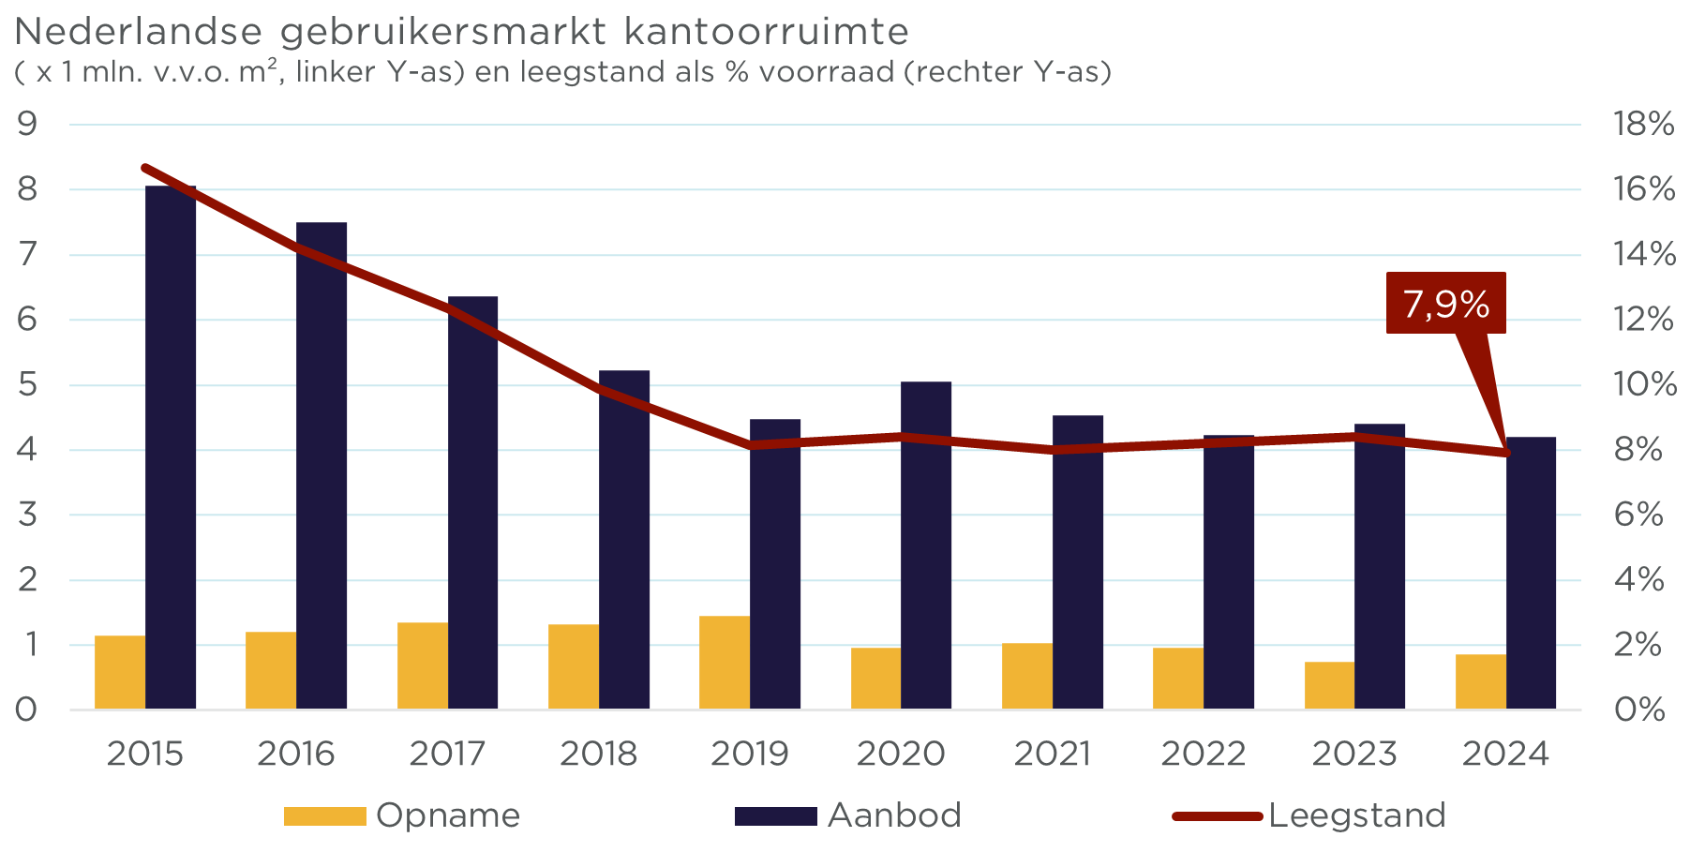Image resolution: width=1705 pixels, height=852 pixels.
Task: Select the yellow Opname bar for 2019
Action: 725,662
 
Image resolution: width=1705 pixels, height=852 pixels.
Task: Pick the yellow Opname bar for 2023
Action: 1329,685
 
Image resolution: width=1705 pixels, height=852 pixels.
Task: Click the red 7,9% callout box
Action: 1445,303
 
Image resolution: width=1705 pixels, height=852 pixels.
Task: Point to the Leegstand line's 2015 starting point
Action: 145,168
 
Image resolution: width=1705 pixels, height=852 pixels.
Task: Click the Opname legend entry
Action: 403,815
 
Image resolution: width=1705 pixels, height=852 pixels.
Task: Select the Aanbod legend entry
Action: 848,815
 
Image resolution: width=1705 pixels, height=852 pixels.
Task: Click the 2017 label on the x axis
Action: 447,754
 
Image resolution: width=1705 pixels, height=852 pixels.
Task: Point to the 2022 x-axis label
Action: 1204,754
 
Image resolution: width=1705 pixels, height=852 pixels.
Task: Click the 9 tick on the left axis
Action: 26,124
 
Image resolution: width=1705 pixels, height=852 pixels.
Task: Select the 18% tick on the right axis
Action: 1642,124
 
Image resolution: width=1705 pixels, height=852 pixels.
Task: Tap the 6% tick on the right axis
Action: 1638,515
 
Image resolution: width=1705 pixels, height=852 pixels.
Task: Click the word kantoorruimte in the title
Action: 766,32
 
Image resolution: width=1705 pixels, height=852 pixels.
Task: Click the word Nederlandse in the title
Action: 138,32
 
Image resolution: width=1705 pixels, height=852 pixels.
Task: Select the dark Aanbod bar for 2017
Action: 472,502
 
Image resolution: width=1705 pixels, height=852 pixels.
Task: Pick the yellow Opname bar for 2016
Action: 271,670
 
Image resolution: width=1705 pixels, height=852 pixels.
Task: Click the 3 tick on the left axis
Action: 26,515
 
